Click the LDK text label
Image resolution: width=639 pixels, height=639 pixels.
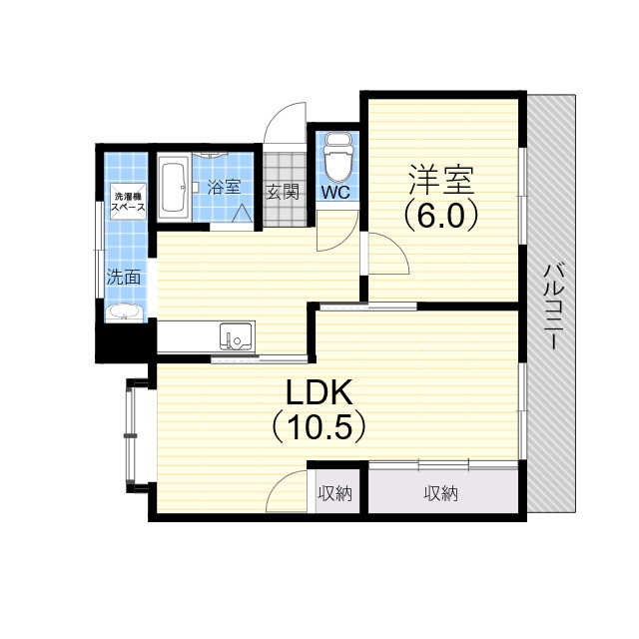(x=319, y=392)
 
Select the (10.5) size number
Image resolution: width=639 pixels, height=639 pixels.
(x=319, y=427)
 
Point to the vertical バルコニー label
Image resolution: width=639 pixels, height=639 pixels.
(x=551, y=306)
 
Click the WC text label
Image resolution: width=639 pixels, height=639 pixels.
(x=335, y=193)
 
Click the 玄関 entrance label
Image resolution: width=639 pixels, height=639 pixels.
(x=283, y=193)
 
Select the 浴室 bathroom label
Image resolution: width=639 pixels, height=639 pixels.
(x=224, y=186)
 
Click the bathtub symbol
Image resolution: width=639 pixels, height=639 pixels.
(x=171, y=187)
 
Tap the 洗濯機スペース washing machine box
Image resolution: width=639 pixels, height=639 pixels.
(x=129, y=202)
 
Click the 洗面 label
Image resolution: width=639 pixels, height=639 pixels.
(x=124, y=277)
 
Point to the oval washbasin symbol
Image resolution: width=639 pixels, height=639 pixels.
(x=125, y=313)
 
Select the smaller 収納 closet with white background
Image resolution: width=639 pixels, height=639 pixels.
(x=334, y=493)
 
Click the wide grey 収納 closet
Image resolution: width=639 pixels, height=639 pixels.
(x=440, y=493)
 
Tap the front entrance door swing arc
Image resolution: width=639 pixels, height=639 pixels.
(x=286, y=125)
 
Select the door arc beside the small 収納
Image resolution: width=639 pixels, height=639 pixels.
(x=290, y=491)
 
